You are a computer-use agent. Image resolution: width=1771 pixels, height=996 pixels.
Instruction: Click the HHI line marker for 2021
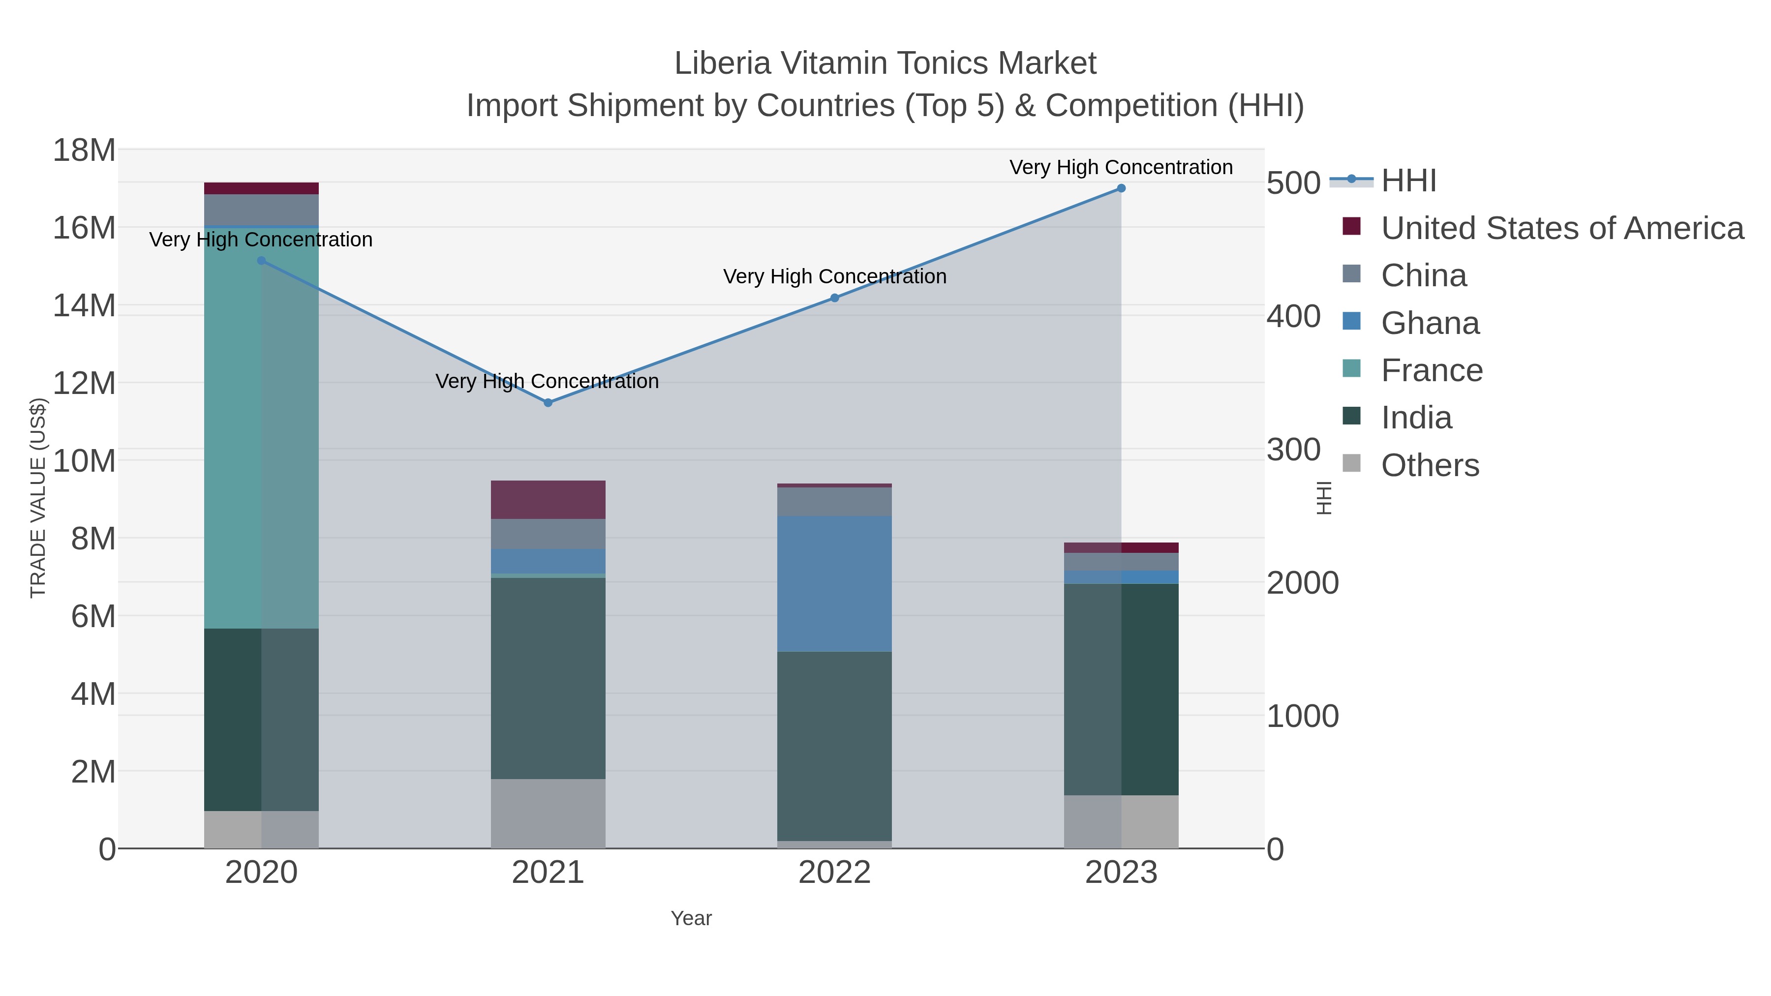548,403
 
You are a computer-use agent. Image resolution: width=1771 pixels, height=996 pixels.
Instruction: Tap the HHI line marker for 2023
1121,188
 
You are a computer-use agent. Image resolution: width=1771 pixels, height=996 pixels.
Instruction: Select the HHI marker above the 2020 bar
261,261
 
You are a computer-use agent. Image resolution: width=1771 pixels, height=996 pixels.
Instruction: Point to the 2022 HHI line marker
835,298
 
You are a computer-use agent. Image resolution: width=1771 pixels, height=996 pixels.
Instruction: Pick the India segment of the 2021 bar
548,678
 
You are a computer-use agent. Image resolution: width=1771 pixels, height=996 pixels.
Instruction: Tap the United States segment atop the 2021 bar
548,500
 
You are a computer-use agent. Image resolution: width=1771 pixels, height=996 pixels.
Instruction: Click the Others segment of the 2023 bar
1121,821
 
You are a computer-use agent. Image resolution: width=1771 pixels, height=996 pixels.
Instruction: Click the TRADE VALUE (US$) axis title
38,498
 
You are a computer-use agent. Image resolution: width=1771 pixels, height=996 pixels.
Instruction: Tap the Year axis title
691,918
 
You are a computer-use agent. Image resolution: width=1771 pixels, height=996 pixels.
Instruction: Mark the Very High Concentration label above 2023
1121,167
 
